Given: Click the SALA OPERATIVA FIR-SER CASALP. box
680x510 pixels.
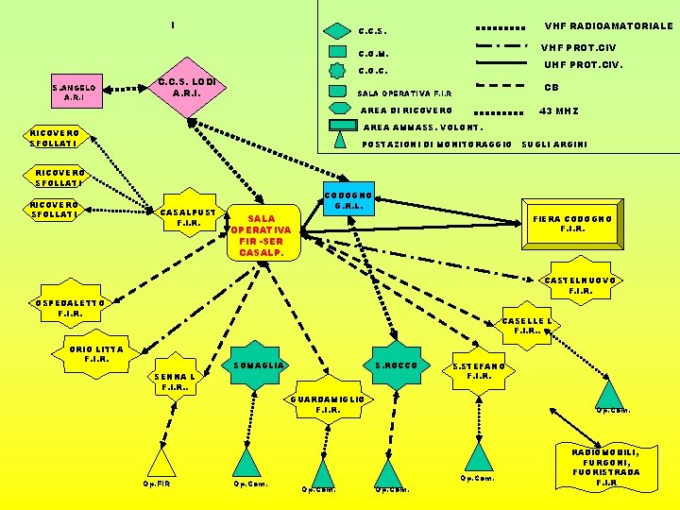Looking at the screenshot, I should (262, 235).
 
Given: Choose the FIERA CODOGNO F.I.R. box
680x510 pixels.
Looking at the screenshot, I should (572, 224).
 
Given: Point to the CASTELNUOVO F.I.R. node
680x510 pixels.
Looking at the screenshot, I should (580, 285).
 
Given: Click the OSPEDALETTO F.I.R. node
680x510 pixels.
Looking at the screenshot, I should (71, 308).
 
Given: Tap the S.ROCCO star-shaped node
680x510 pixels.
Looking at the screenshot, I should (396, 365).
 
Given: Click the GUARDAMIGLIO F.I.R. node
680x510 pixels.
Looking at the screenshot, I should (328, 404).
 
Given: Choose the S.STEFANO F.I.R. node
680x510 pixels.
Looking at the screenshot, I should (479, 371).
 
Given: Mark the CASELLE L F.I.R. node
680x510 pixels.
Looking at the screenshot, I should (527, 326).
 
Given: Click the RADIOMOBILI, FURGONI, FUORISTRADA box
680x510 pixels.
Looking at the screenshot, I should (605, 466).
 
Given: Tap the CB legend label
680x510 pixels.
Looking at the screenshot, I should (551, 88).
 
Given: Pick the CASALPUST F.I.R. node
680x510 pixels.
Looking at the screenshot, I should (189, 217).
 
